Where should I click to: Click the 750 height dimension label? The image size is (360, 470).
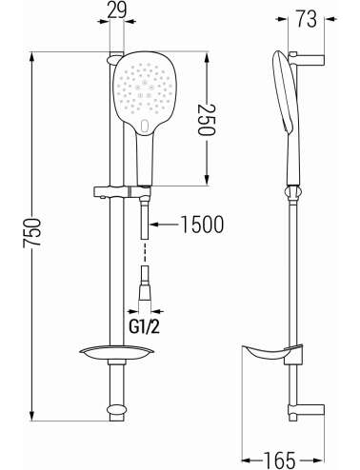click(x=32, y=232)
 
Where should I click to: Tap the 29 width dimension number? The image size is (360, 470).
click(x=116, y=10)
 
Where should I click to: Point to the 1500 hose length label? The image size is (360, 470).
click(x=202, y=225)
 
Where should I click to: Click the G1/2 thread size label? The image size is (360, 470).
click(x=144, y=325)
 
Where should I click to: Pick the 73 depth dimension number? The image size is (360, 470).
click(x=306, y=19)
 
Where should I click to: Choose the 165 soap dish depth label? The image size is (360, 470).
click(x=280, y=460)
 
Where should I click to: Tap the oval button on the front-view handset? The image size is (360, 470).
click(x=145, y=127)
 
